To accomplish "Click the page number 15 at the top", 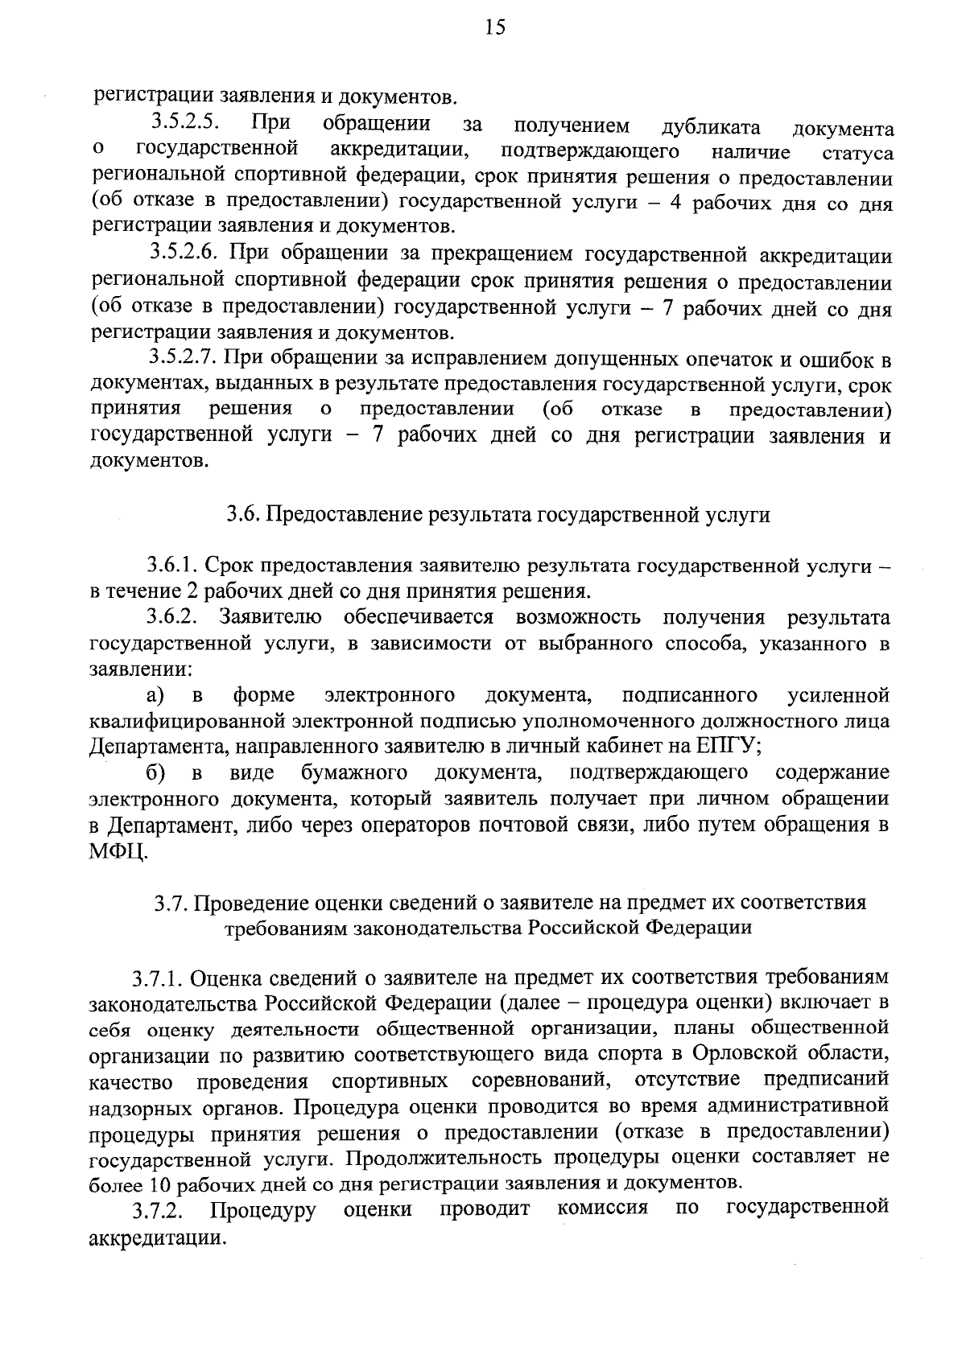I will pos(494,28).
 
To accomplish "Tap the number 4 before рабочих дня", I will pos(676,203).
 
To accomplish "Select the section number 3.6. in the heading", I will pos(241,515).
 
